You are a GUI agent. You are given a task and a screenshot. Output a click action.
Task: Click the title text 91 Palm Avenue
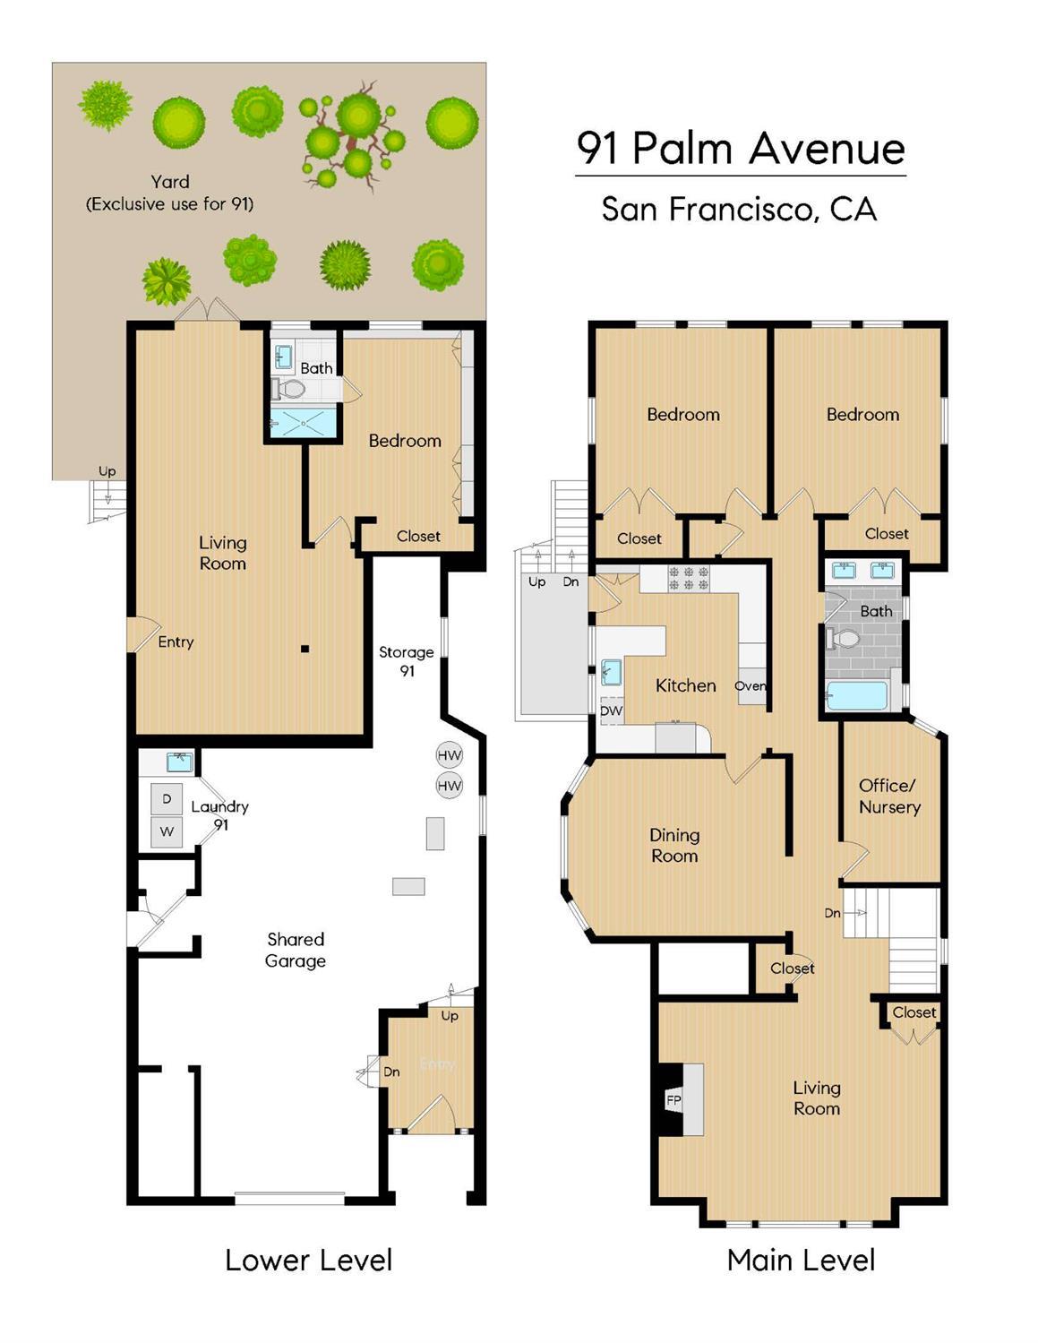[740, 148]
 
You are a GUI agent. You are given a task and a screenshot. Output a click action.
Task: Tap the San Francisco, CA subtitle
[739, 210]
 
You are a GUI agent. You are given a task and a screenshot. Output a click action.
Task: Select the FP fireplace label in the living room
[673, 1099]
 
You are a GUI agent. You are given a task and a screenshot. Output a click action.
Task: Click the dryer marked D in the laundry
[167, 798]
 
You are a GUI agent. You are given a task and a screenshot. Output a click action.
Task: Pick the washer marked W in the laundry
[167, 831]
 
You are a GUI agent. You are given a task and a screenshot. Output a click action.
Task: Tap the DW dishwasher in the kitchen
[611, 710]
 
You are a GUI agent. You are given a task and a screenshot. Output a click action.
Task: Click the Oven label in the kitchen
[751, 686]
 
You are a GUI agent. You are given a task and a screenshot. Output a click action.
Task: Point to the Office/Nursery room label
[888, 796]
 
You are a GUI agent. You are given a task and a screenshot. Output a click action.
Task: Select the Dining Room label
[674, 845]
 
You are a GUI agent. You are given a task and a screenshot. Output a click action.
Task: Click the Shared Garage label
[295, 950]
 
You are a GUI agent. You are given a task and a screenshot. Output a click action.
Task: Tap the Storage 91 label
[406, 661]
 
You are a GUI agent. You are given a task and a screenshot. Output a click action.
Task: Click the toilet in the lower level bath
[289, 389]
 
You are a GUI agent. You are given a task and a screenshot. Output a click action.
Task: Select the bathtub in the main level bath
[856, 696]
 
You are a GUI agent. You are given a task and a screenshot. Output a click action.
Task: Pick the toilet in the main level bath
[844, 639]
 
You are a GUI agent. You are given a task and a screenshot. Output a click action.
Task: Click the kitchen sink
[611, 671]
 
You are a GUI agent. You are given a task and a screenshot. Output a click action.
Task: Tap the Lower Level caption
[308, 1260]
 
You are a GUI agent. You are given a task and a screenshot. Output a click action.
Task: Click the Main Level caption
[801, 1260]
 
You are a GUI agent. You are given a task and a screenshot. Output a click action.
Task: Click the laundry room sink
[180, 762]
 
